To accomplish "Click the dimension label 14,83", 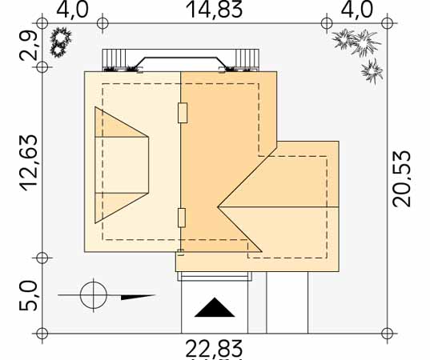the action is coord(214,10).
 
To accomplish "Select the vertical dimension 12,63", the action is coord(29,163).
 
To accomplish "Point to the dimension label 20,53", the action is coord(401,178).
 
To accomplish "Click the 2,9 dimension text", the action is coord(28,46).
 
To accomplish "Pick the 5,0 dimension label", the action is coord(28,295).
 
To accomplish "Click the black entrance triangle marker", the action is coord(215,307).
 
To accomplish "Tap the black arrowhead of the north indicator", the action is coord(139,297).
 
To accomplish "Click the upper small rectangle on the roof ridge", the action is coord(183,113).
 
